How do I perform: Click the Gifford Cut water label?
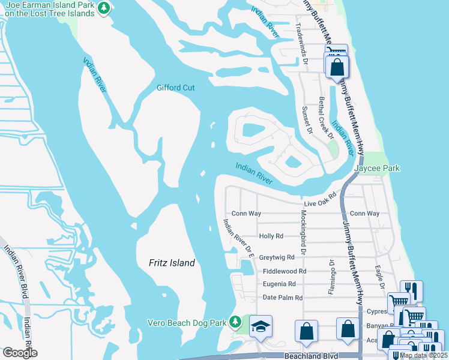[x=176, y=88]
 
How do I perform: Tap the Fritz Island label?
[x=172, y=263]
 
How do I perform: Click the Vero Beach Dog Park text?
[x=187, y=323]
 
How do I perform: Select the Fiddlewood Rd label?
[x=285, y=271]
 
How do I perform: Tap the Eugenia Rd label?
[x=279, y=284]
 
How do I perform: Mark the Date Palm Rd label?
[x=283, y=298]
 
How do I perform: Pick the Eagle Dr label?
[x=378, y=277]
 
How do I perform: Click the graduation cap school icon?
[x=261, y=326]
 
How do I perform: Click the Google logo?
[x=20, y=353]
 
